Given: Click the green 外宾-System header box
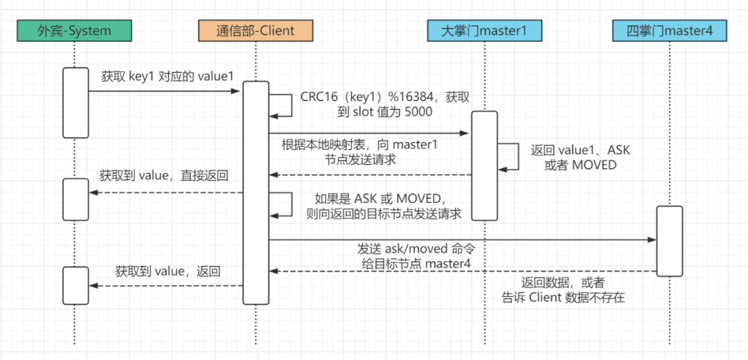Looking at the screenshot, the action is [x=73, y=31].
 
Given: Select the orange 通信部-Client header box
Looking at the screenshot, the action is [x=255, y=31].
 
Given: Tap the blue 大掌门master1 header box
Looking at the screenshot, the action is [x=484, y=31].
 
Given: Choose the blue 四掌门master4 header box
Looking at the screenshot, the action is [x=669, y=31].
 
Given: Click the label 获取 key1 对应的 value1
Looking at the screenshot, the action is [x=168, y=77].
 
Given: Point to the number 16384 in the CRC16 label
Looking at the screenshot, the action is [x=416, y=96].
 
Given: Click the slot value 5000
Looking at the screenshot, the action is [x=417, y=113].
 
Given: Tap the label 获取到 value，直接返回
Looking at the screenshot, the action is [x=163, y=175].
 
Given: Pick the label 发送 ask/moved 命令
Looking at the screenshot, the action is [x=416, y=249].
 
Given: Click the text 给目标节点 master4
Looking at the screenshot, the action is [x=416, y=264].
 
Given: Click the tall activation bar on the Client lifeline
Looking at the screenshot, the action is [x=256, y=192].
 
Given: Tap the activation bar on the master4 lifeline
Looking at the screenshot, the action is [x=669, y=241].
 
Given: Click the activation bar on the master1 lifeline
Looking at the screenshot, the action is [x=485, y=166].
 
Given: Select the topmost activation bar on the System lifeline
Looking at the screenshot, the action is [x=75, y=102].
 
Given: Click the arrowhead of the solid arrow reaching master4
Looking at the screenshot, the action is [x=652, y=240].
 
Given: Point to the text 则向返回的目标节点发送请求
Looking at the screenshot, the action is [x=384, y=214].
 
